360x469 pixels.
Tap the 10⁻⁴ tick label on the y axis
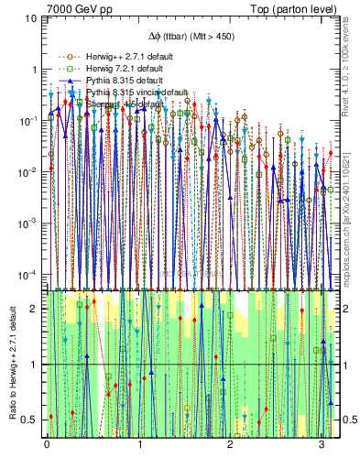pos(28,274)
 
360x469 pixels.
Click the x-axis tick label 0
pos(47,444)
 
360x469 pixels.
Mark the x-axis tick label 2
pos(231,444)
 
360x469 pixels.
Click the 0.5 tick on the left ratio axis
pos(30,420)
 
